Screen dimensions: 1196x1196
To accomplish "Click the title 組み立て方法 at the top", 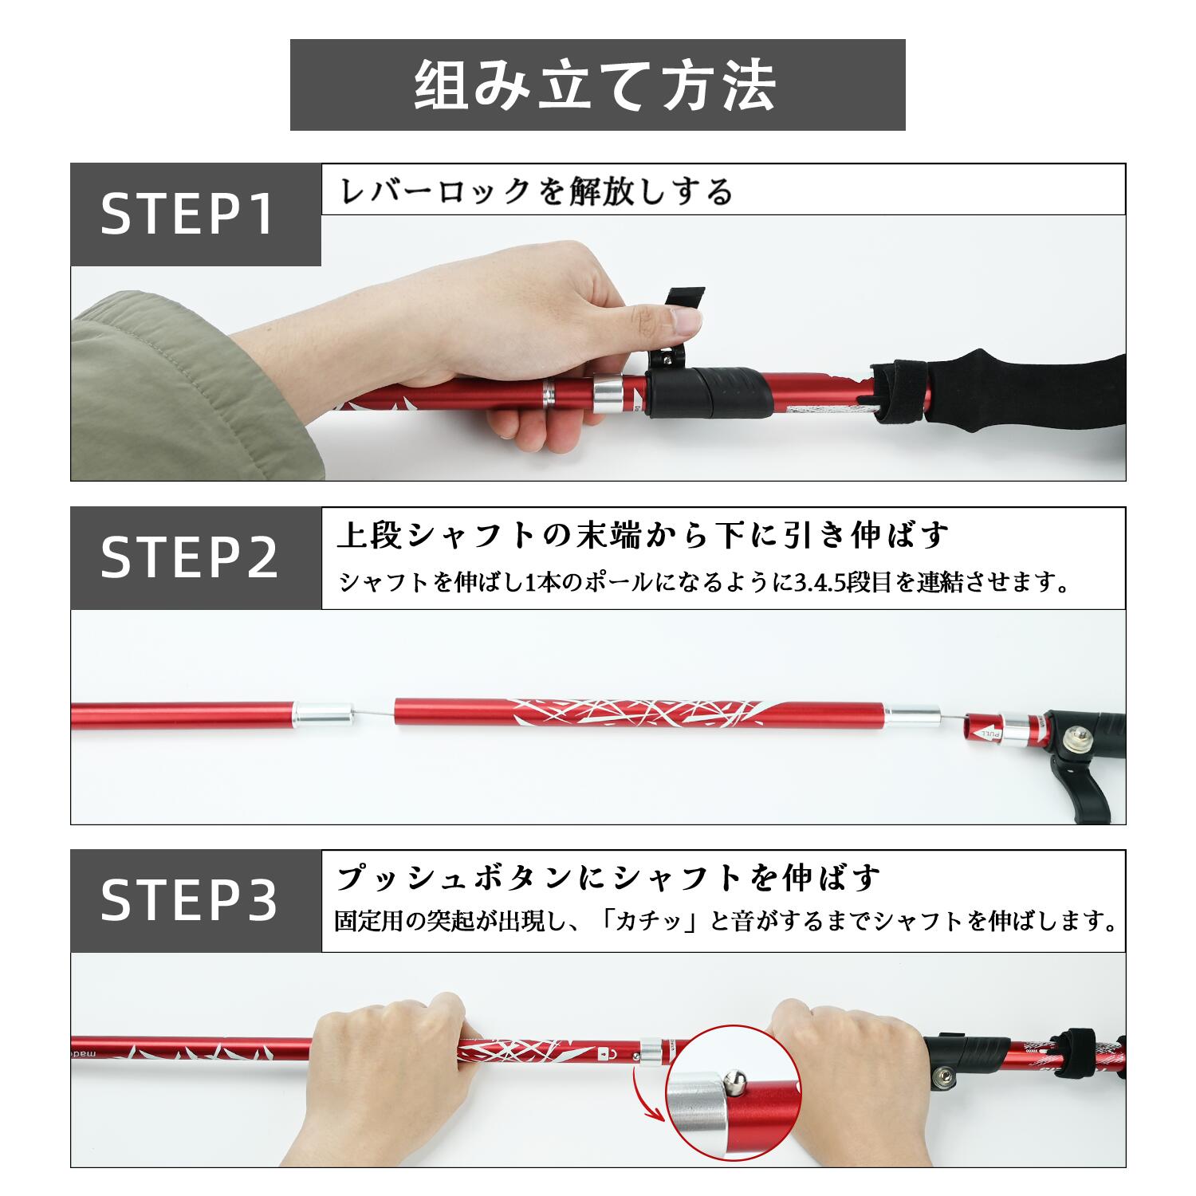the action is click(x=596, y=85).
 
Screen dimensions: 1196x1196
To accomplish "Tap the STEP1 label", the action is click(x=188, y=214).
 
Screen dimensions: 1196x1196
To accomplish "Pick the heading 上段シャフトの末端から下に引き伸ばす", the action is click(x=643, y=535).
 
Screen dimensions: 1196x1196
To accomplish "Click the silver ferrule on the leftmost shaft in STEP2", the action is click(x=323, y=712).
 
